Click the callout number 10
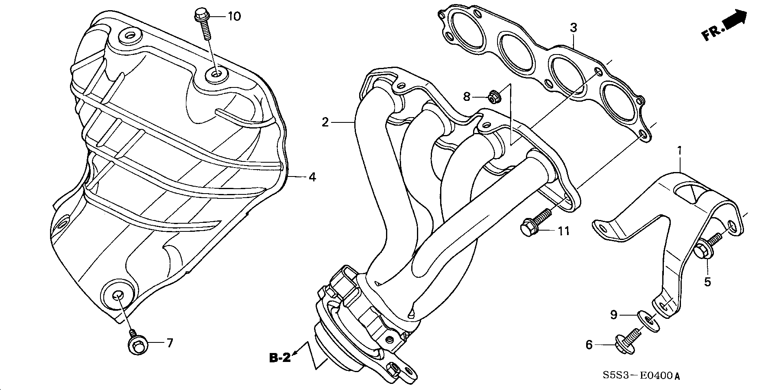coord(234,17)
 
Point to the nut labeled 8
coord(493,97)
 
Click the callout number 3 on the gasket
coord(573,28)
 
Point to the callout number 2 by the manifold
coord(325,122)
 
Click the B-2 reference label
coord(280,358)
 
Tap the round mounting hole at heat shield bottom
coord(117,294)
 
